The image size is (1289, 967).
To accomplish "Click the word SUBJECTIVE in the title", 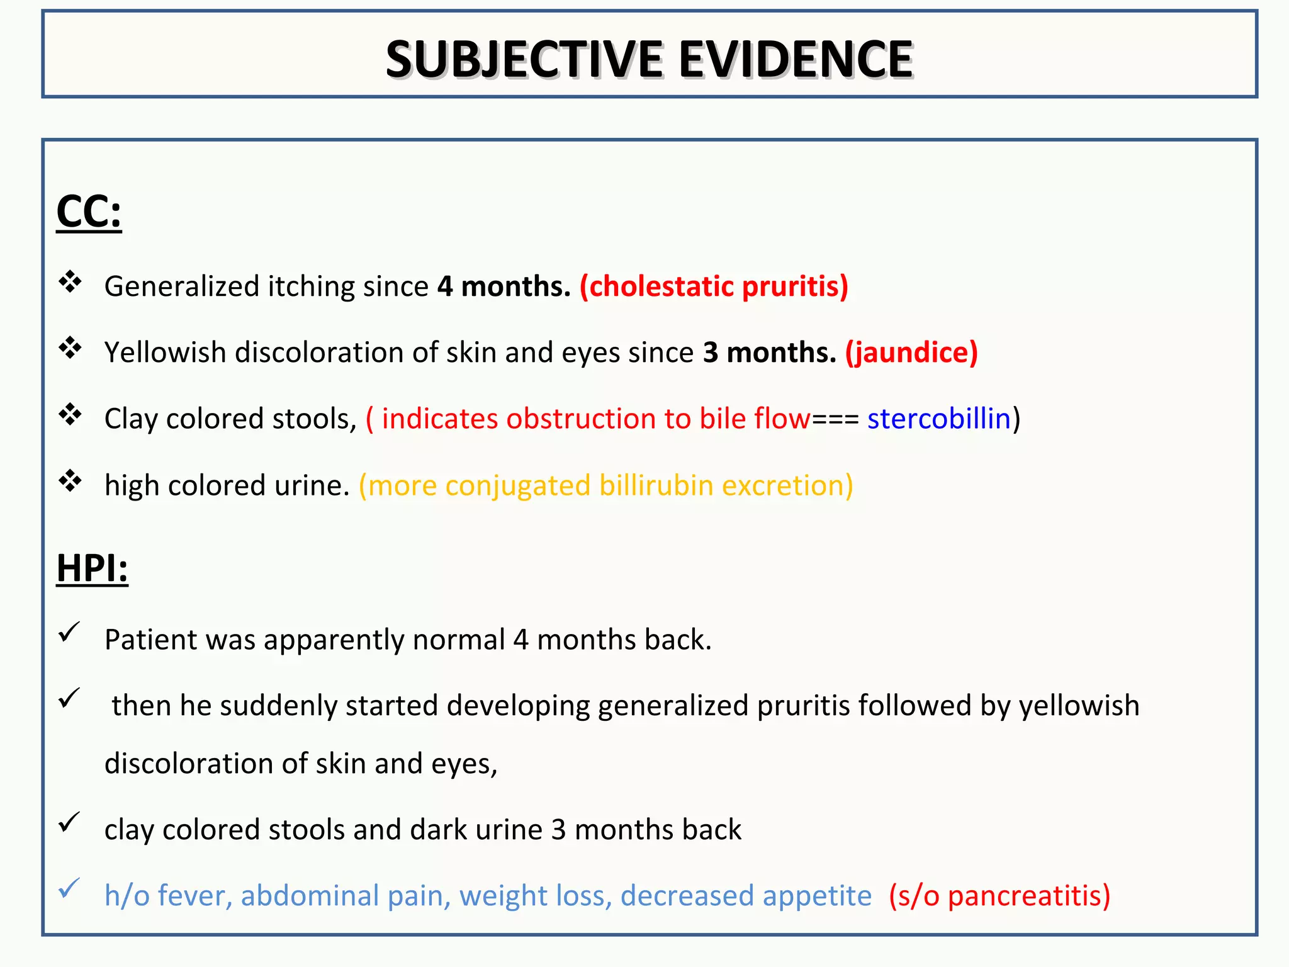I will (524, 59).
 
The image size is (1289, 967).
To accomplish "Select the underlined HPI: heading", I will (92, 568).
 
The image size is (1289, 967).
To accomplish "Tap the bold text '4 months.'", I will (504, 286).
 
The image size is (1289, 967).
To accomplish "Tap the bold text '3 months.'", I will (769, 353).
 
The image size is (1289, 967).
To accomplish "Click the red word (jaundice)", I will (911, 353).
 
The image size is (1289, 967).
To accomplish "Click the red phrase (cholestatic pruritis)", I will (714, 286).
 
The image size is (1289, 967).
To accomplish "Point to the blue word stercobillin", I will (938, 419).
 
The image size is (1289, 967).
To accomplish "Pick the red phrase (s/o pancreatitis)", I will (999, 896).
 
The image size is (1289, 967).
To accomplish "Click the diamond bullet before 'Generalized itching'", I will (70, 282).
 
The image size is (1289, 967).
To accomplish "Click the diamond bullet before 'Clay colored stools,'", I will (70, 414).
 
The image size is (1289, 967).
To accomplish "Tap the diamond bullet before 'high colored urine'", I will (70, 481).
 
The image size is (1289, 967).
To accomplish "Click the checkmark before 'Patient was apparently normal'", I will (69, 632).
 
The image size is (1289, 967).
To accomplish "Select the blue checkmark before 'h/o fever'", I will (69, 888).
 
